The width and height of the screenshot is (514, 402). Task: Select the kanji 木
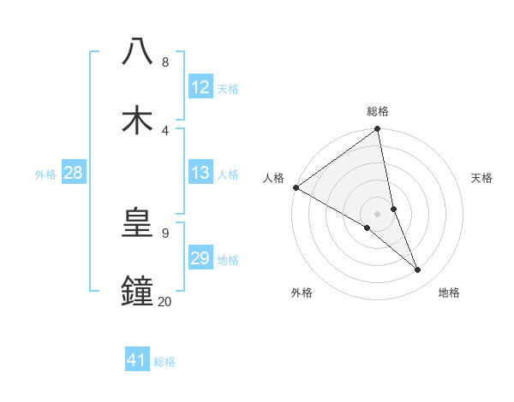pyautogui.click(x=137, y=119)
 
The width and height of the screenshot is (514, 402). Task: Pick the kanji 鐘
pyautogui.click(x=137, y=290)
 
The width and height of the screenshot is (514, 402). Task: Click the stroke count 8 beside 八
pyautogui.click(x=164, y=62)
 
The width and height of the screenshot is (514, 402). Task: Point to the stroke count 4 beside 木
pyautogui.click(x=164, y=130)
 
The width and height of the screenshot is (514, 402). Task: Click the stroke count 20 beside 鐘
pyautogui.click(x=164, y=301)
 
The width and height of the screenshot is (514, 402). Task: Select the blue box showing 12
pyautogui.click(x=200, y=87)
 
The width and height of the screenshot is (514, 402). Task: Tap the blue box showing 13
pyautogui.click(x=200, y=173)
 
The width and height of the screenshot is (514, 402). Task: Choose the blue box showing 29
pyautogui.click(x=200, y=258)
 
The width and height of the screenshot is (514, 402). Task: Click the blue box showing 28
pyautogui.click(x=74, y=173)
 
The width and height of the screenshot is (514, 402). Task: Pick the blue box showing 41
pyautogui.click(x=137, y=360)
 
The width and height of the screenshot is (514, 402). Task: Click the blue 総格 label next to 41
pyautogui.click(x=164, y=362)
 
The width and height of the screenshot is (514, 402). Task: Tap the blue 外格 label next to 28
pyautogui.click(x=45, y=174)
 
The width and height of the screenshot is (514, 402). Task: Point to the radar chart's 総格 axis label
pyautogui.click(x=378, y=111)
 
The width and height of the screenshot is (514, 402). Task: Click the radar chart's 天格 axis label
pyautogui.click(x=481, y=178)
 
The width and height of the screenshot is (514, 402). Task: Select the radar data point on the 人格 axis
pyautogui.click(x=296, y=187)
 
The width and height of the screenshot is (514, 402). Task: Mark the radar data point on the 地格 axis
pyautogui.click(x=418, y=269)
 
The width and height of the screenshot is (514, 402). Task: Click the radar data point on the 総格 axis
pyautogui.click(x=378, y=130)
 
